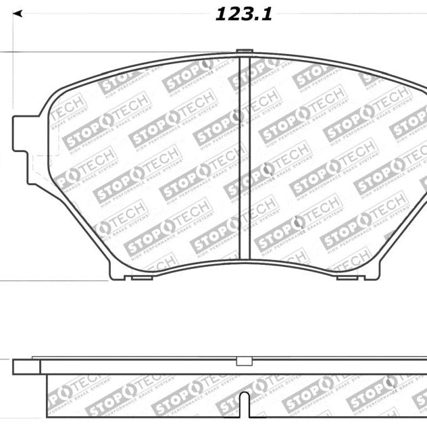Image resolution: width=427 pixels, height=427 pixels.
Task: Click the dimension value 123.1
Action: click(244, 14)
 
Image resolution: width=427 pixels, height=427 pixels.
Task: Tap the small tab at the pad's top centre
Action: click(245, 51)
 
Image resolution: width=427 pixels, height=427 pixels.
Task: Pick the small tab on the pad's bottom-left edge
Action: click(141, 276)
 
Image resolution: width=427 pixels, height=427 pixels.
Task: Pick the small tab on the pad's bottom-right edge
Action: click(347, 276)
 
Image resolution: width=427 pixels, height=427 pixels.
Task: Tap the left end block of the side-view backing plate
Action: click(26, 366)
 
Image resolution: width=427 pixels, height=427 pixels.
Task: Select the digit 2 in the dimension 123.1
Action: click(234, 14)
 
